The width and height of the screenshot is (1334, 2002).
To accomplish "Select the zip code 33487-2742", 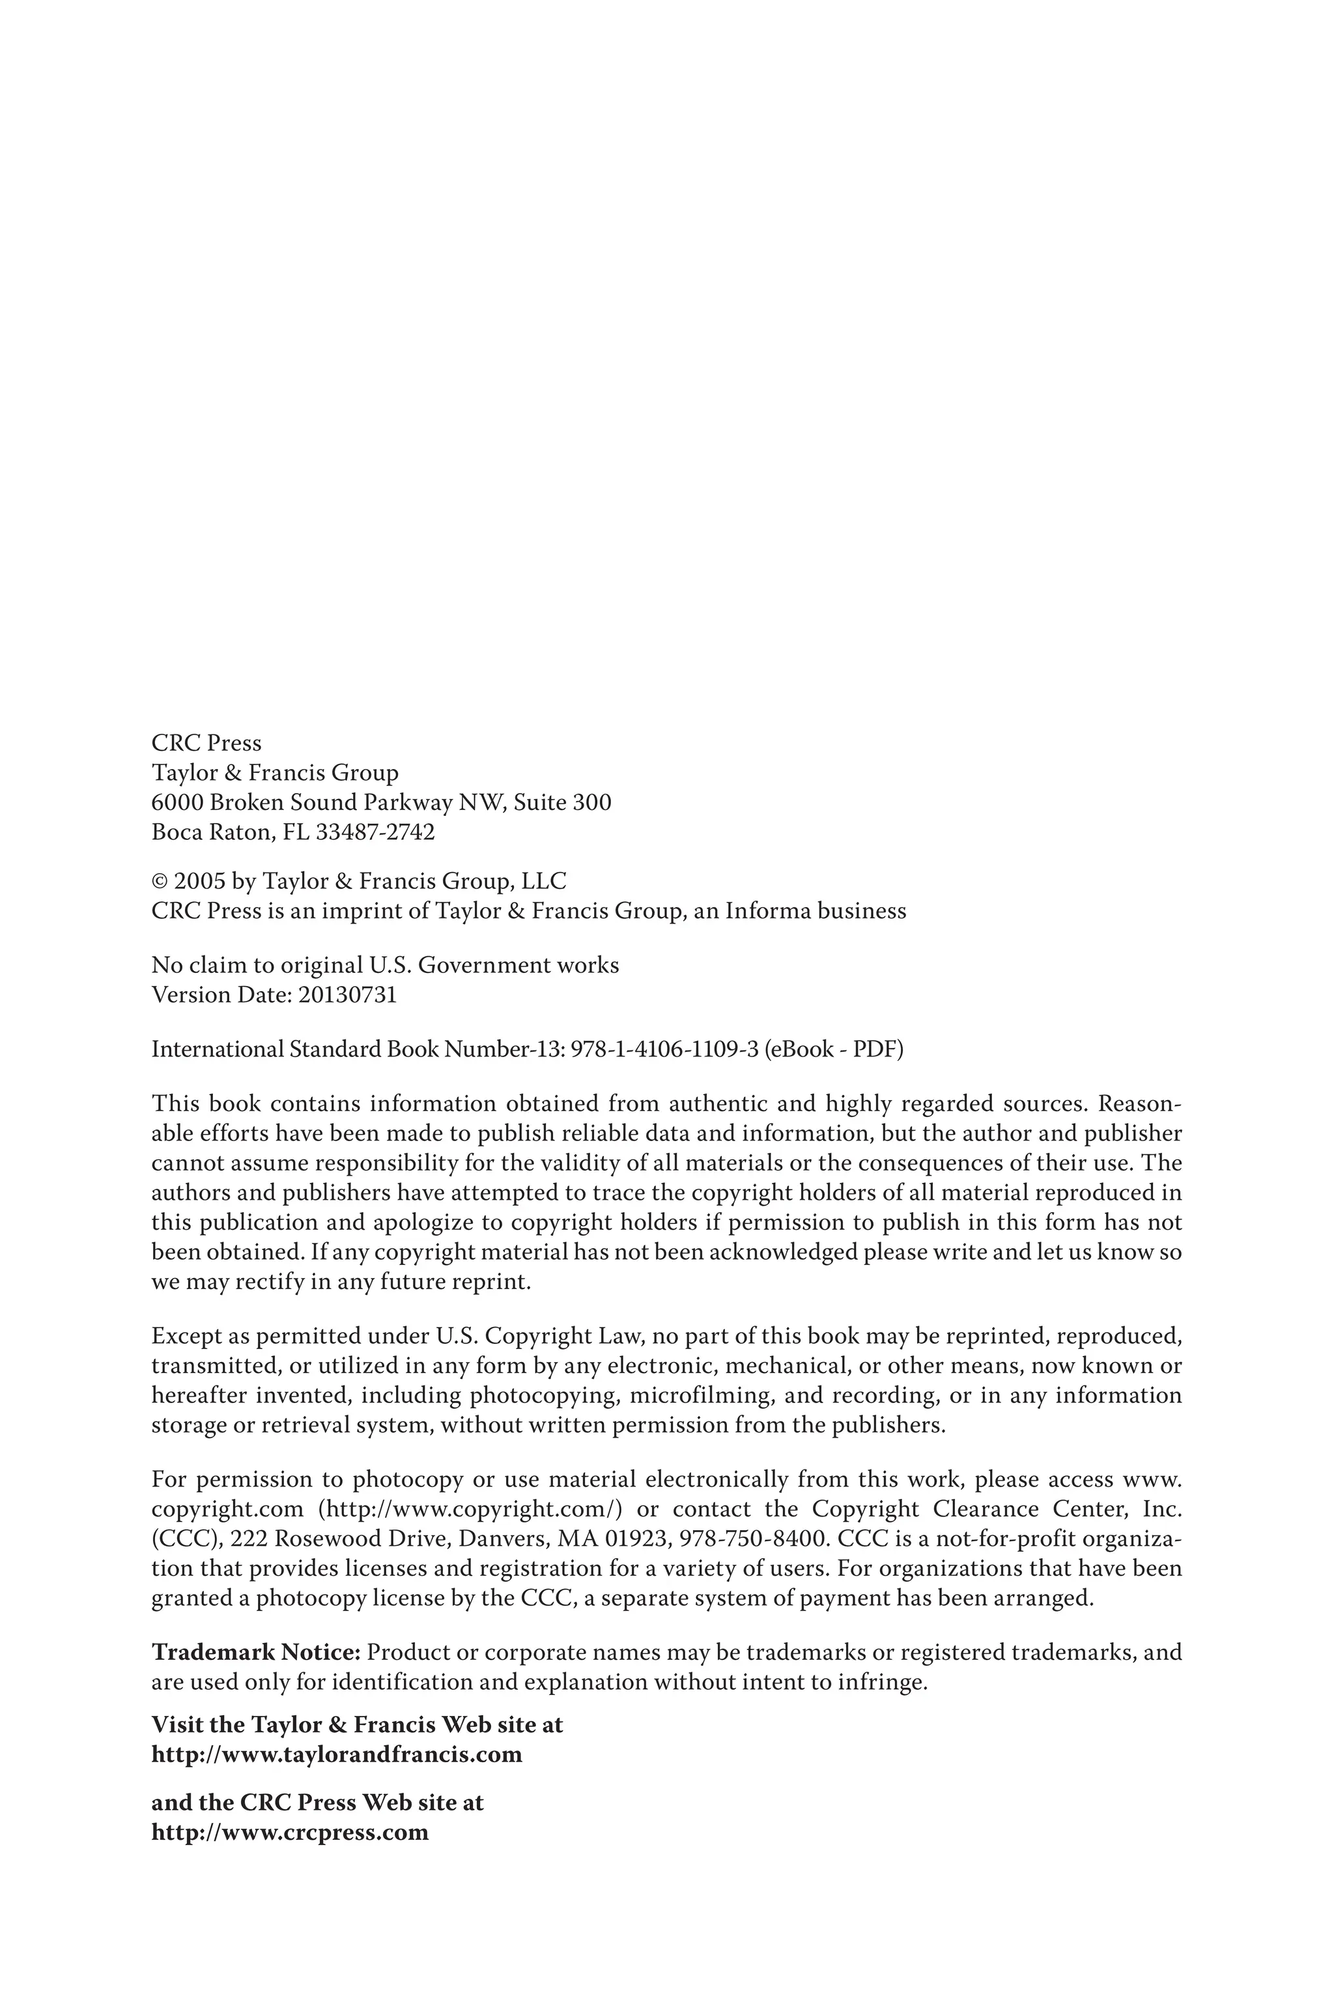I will (375, 832).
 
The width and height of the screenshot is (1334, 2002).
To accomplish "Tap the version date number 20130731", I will (347, 995).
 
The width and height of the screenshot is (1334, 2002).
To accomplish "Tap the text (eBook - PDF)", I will (834, 1049).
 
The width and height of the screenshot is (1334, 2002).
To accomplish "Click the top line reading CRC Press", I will (206, 743).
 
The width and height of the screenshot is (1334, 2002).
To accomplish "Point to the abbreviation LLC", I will (544, 882).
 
